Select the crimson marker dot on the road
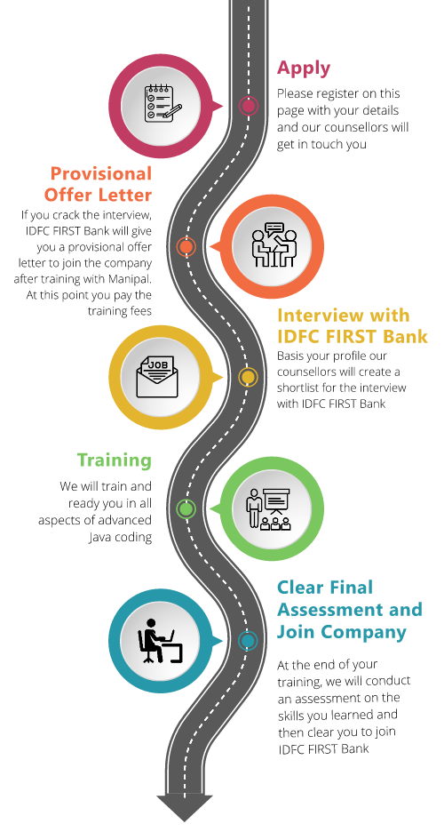[x=248, y=106]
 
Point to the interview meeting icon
[x=274, y=245]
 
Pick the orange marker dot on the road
[x=186, y=246]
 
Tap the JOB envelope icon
[x=157, y=377]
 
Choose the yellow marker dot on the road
[x=248, y=377]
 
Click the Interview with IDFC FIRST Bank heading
[x=353, y=326]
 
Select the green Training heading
[x=115, y=460]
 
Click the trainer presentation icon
[x=269, y=508]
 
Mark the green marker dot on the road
[x=186, y=508]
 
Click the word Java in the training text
[x=99, y=537]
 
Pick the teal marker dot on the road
[x=248, y=641]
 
